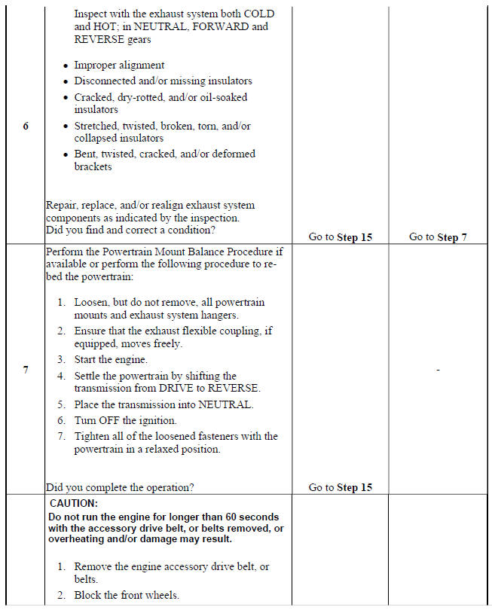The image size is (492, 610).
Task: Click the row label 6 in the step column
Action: point(26,126)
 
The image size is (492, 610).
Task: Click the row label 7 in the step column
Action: point(26,370)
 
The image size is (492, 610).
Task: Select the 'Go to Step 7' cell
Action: point(438,236)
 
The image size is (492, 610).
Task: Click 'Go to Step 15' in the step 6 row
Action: point(341,236)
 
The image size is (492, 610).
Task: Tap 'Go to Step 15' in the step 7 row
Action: point(341,487)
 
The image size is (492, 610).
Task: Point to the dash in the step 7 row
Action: point(438,370)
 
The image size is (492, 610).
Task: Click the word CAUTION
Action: point(74,502)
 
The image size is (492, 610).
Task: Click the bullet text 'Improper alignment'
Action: point(119,66)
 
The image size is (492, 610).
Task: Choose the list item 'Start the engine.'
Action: point(111,360)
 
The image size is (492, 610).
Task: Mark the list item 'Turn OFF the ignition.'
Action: point(125,420)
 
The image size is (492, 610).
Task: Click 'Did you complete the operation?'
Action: point(120,487)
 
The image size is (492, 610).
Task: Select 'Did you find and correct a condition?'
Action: point(130,230)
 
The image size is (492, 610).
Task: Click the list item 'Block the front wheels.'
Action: point(126,595)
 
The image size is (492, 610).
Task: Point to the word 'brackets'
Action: point(93,166)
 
